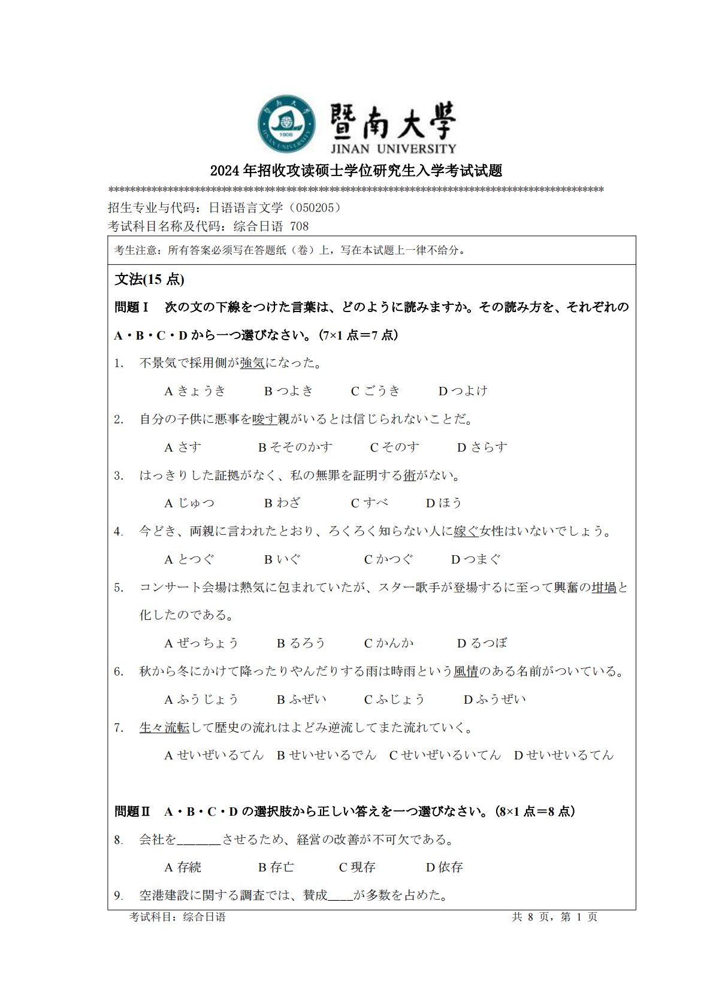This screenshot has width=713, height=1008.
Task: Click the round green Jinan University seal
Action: pyautogui.click(x=286, y=124)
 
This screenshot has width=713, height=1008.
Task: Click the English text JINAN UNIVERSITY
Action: pyautogui.click(x=392, y=149)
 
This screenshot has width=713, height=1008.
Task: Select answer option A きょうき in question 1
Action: pyautogui.click(x=195, y=391)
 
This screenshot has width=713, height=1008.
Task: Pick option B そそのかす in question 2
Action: pyautogui.click(x=295, y=447)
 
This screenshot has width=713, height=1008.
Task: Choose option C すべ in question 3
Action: pyautogui.click(x=370, y=503)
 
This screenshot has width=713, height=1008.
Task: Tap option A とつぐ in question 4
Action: pyautogui.click(x=189, y=559)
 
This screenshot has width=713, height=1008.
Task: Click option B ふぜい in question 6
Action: pyautogui.click(x=301, y=700)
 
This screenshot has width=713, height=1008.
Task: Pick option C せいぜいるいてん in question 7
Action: pyautogui.click(x=445, y=755)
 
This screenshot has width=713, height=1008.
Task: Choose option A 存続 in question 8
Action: pyautogui.click(x=183, y=867)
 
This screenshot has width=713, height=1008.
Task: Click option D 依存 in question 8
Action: pyautogui.click(x=444, y=867)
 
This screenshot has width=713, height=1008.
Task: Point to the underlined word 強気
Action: pyautogui.click(x=252, y=363)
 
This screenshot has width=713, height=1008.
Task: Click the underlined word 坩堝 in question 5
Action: pyautogui.click(x=604, y=588)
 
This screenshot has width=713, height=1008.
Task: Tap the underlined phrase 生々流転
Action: pyautogui.click(x=164, y=728)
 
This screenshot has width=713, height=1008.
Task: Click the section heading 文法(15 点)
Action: pyautogui.click(x=149, y=280)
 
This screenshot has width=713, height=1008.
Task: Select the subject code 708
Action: pyautogui.click(x=299, y=226)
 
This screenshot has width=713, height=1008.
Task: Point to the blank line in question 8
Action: pyautogui.click(x=199, y=840)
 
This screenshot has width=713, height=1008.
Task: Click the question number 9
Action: pyautogui.click(x=119, y=896)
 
